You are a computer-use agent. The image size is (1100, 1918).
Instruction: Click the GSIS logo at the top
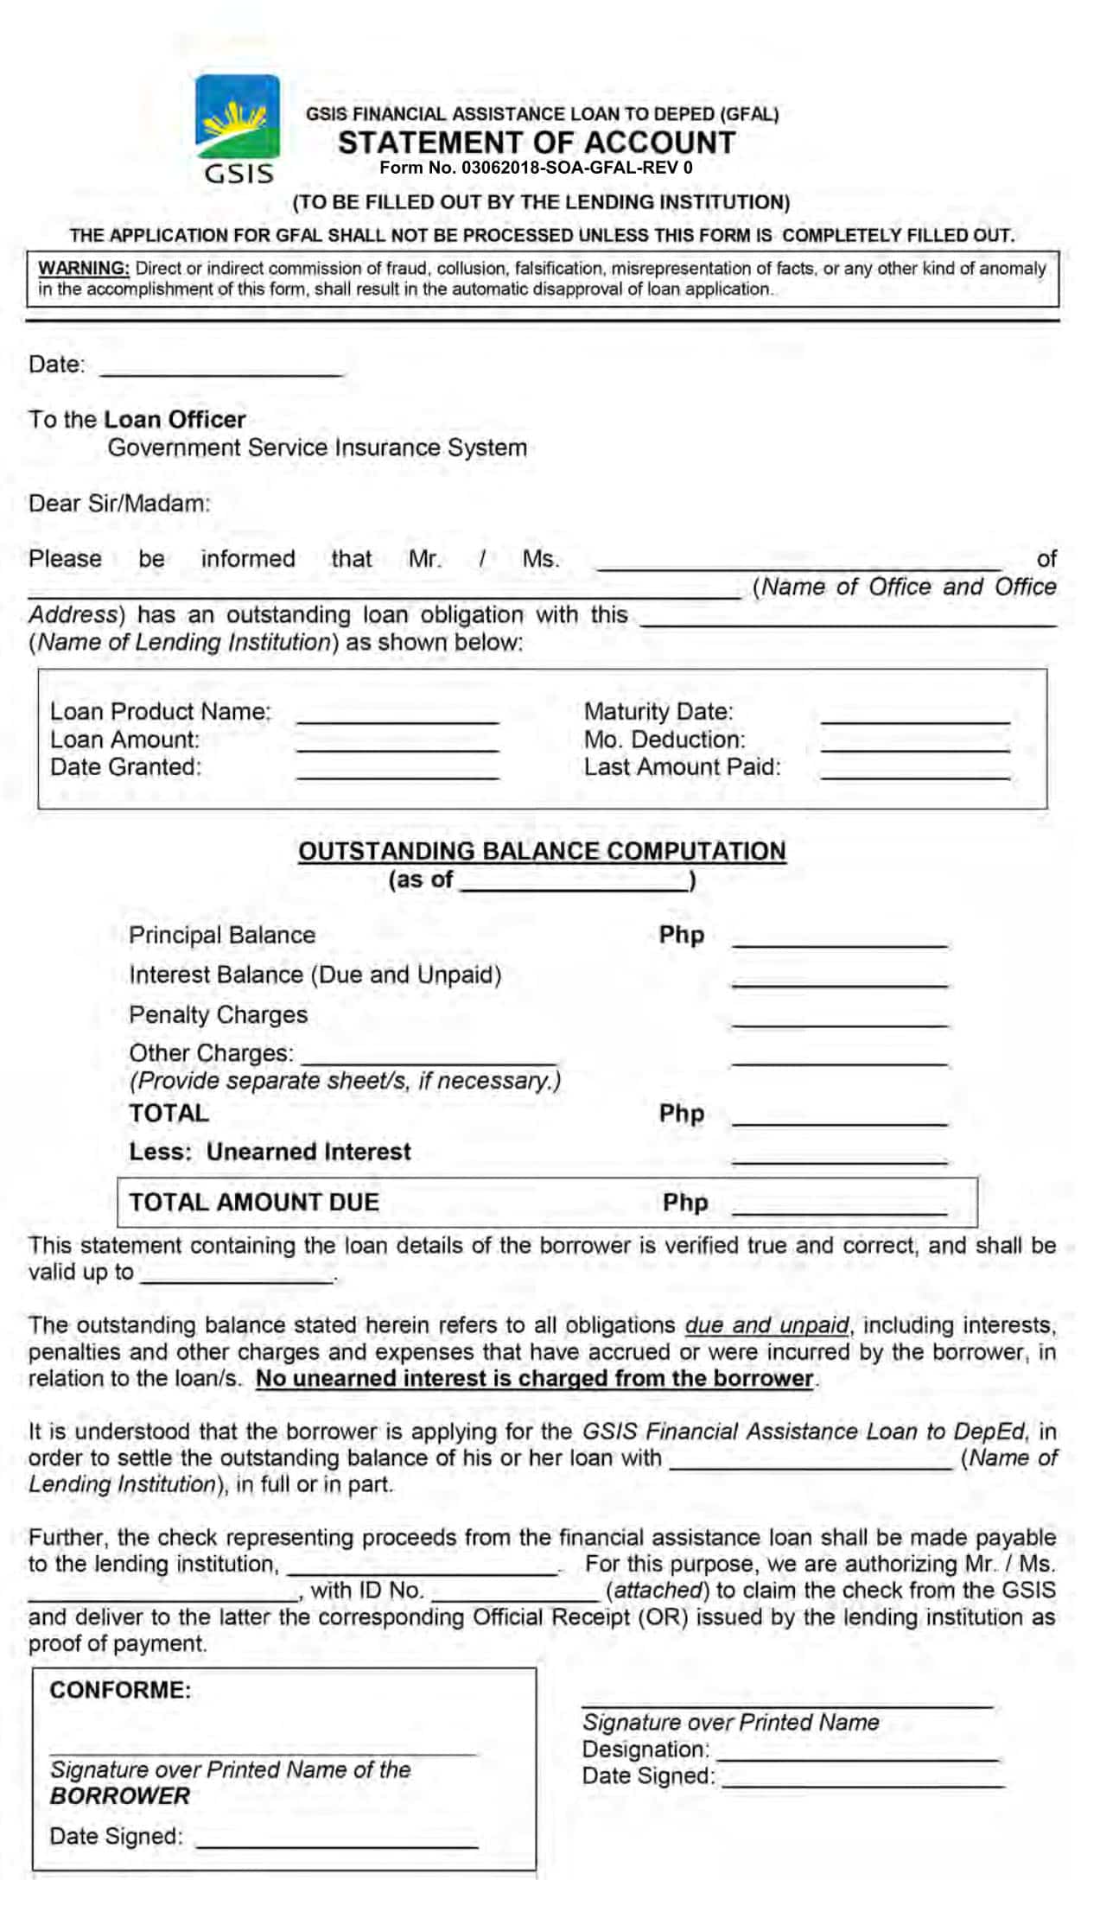237,128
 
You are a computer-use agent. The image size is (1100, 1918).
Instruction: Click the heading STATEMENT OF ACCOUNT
536,143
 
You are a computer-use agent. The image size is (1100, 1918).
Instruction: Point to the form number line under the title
536,168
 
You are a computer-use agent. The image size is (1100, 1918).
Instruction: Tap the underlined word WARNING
84,269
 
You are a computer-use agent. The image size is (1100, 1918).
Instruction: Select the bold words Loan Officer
175,420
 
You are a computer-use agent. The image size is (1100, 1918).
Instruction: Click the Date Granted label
125,767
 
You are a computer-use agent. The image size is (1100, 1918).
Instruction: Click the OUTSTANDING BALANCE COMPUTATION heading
542,851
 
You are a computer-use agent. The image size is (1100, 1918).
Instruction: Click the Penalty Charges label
218,1014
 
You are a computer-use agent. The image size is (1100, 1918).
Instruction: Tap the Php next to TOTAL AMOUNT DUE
684,1203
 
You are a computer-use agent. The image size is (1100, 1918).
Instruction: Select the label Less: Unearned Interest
270,1152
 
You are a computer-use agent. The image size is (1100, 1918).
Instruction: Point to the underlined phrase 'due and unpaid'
766,1325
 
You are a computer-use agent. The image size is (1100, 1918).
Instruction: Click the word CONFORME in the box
120,1690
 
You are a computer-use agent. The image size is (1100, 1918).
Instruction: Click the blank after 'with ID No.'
515,1591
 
